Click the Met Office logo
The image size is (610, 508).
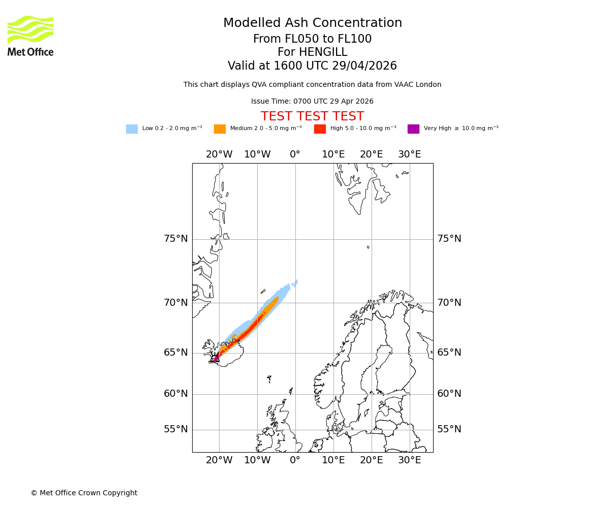tap(30, 36)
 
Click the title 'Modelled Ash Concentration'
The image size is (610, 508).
tap(312, 23)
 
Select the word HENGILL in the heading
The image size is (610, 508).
tap(322, 52)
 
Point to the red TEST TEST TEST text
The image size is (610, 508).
tap(312, 117)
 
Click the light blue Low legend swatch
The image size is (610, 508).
tap(132, 129)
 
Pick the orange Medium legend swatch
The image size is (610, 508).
tap(220, 129)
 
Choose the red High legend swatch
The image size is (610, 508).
tap(320, 129)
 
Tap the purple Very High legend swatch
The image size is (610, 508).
tap(413, 129)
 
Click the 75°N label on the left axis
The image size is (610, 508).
tap(175, 239)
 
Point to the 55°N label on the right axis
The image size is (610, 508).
tap(449, 429)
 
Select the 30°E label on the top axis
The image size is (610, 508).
tap(409, 154)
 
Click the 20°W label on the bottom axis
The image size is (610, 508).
tap(219, 460)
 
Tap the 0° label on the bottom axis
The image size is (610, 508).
tap(295, 460)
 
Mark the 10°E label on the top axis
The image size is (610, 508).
tap(333, 154)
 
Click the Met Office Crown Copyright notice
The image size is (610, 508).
tap(84, 493)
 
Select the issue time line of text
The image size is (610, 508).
tap(312, 102)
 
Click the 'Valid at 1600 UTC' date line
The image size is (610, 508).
tap(312, 66)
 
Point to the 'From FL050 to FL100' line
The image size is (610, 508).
tap(312, 39)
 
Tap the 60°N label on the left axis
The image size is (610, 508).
tap(175, 394)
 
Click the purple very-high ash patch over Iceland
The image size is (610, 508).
tap(216, 358)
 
